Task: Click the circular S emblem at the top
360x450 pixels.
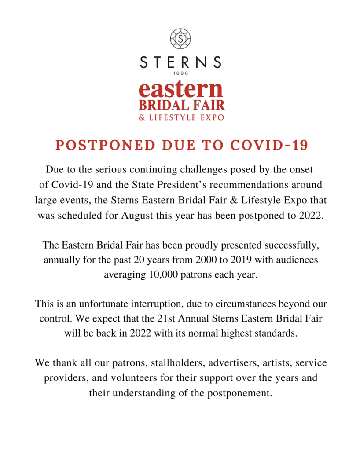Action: point(180,38)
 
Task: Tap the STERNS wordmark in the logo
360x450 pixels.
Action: point(180,62)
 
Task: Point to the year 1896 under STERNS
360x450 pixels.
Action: point(180,73)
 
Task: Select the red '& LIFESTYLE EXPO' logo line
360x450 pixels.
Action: point(181,117)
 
